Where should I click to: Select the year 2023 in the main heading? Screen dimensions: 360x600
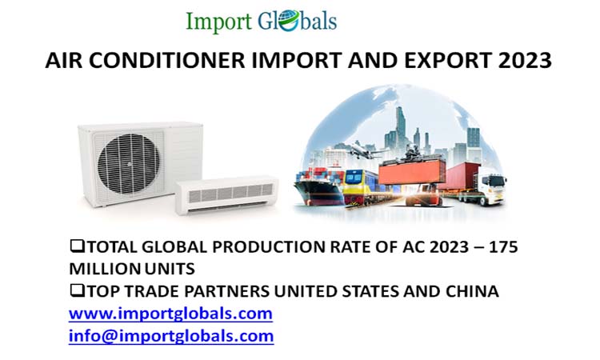tap(524, 61)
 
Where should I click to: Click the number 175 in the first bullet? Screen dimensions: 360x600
tap(502, 247)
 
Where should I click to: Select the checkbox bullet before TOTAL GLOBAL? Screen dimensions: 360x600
tap(77, 247)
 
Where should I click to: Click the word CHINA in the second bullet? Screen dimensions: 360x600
tap(471, 291)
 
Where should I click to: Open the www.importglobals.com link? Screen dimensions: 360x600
tap(170, 313)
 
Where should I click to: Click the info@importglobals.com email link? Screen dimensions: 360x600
tap(171, 335)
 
